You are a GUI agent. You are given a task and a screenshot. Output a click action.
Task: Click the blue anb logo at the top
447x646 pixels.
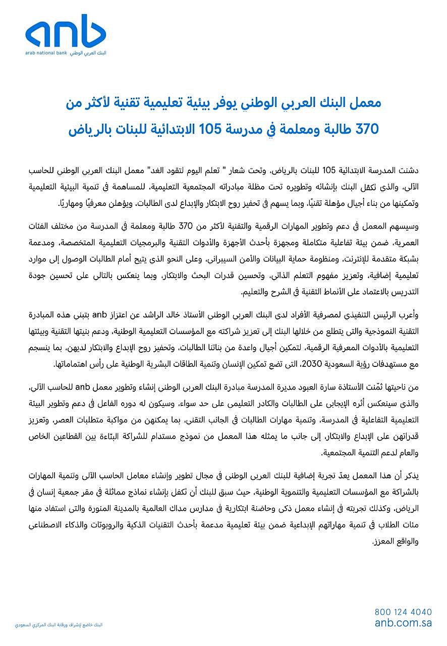(x=66, y=31)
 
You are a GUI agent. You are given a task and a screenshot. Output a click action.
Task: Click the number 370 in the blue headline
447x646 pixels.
(x=366, y=129)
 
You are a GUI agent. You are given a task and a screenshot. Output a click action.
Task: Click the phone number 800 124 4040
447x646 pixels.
(x=403, y=612)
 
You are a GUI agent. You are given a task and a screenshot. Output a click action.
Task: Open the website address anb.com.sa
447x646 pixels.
(x=403, y=623)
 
